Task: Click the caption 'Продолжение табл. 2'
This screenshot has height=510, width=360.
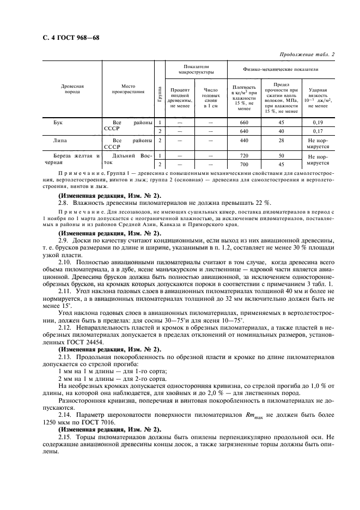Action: [307, 54]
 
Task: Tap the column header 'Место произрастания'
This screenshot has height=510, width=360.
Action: [129, 89]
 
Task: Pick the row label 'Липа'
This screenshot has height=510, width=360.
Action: [60, 141]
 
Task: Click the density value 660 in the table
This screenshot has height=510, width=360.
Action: [244, 122]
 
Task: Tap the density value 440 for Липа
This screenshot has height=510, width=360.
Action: [244, 141]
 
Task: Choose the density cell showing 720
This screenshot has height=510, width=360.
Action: [244, 156]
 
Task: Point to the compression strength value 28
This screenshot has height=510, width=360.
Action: [282, 141]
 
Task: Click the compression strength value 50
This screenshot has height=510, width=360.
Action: [282, 156]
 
